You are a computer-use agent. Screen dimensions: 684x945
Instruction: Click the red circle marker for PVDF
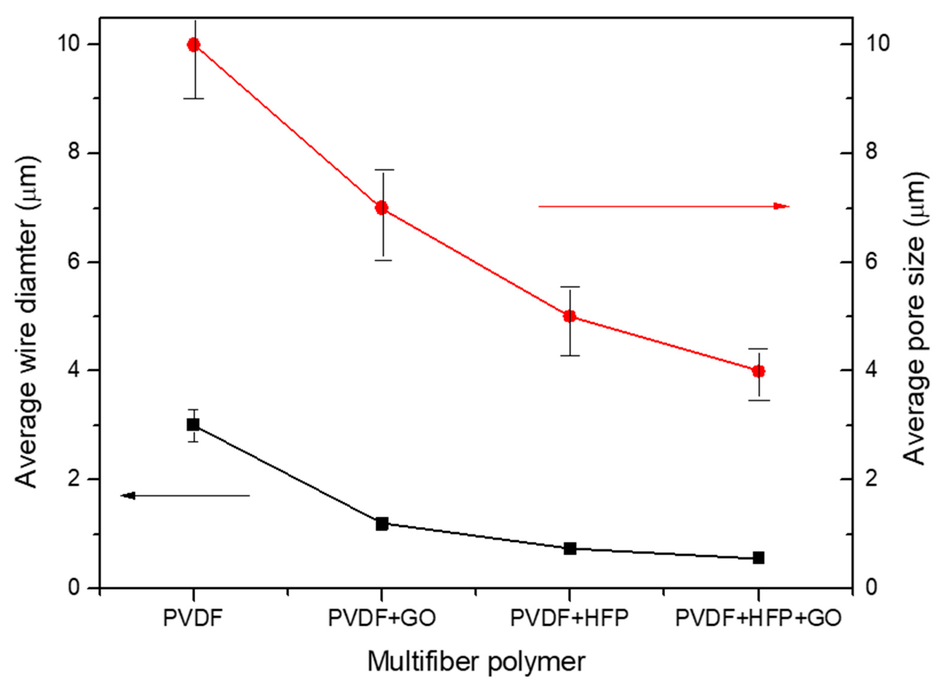(194, 45)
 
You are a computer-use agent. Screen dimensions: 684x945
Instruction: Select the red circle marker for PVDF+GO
(382, 208)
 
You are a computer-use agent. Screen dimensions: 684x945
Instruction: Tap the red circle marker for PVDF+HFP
(570, 316)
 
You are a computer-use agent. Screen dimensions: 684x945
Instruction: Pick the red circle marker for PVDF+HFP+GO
(758, 371)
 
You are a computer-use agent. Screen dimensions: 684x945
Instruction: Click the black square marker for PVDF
(193, 425)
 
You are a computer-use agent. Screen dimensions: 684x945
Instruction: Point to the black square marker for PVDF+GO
(382, 524)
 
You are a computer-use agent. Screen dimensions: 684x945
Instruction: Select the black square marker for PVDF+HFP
(570, 549)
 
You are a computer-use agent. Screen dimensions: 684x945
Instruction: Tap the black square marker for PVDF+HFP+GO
(758, 558)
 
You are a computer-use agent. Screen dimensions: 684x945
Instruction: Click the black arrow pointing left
(185, 496)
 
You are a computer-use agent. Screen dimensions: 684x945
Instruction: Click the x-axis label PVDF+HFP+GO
(758, 618)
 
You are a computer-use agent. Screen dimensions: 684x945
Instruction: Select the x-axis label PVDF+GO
(382, 618)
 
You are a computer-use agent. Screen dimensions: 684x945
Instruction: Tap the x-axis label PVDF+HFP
(569, 618)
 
